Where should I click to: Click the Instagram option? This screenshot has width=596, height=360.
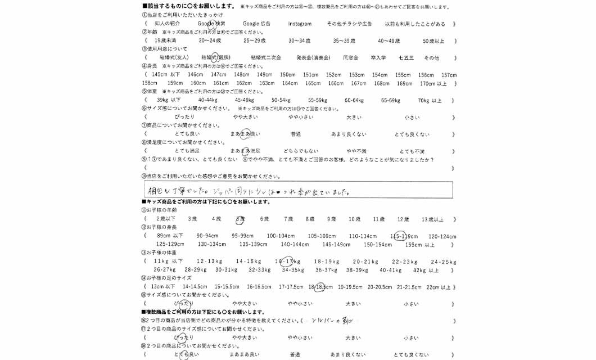(x=300, y=24)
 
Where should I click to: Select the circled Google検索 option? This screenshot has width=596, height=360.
(x=211, y=24)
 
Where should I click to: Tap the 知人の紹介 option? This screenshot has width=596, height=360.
(x=167, y=24)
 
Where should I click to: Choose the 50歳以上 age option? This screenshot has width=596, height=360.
(x=433, y=41)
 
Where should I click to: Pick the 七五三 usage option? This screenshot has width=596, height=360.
(x=406, y=58)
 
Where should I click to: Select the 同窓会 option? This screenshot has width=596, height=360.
(x=350, y=58)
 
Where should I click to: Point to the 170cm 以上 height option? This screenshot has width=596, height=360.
(x=434, y=84)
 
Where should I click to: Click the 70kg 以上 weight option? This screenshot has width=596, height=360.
(x=430, y=100)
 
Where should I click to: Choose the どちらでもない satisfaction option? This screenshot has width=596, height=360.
(x=300, y=151)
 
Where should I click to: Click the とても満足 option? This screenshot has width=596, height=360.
(x=187, y=151)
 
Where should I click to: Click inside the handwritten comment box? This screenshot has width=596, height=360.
(x=298, y=190)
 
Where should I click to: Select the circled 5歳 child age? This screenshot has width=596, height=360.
(x=240, y=219)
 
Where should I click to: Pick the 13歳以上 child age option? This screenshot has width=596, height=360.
(x=432, y=219)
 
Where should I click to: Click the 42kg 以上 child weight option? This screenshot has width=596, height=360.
(x=426, y=270)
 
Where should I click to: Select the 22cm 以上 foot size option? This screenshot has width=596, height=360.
(x=439, y=287)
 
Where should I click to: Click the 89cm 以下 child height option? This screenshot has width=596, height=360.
(x=170, y=236)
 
